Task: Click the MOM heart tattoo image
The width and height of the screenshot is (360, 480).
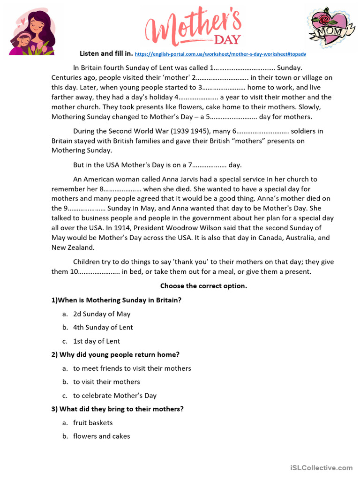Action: point(330,27)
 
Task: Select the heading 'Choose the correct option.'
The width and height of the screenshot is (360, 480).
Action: point(203,286)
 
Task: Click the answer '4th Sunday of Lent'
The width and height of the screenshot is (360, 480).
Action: point(103,327)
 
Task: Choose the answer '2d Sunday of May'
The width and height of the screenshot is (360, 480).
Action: point(102,314)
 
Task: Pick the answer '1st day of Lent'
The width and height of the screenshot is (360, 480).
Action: point(96,341)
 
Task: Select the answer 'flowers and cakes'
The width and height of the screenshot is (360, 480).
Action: point(101,436)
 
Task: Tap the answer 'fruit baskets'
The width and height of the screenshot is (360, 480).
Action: point(93,422)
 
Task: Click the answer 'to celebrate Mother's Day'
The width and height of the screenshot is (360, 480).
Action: point(115,395)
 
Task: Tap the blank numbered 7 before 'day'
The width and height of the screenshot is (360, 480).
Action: point(207,165)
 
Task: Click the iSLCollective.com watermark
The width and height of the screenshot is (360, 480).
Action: point(321,467)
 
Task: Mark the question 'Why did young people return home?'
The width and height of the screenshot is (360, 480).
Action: point(115,354)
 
